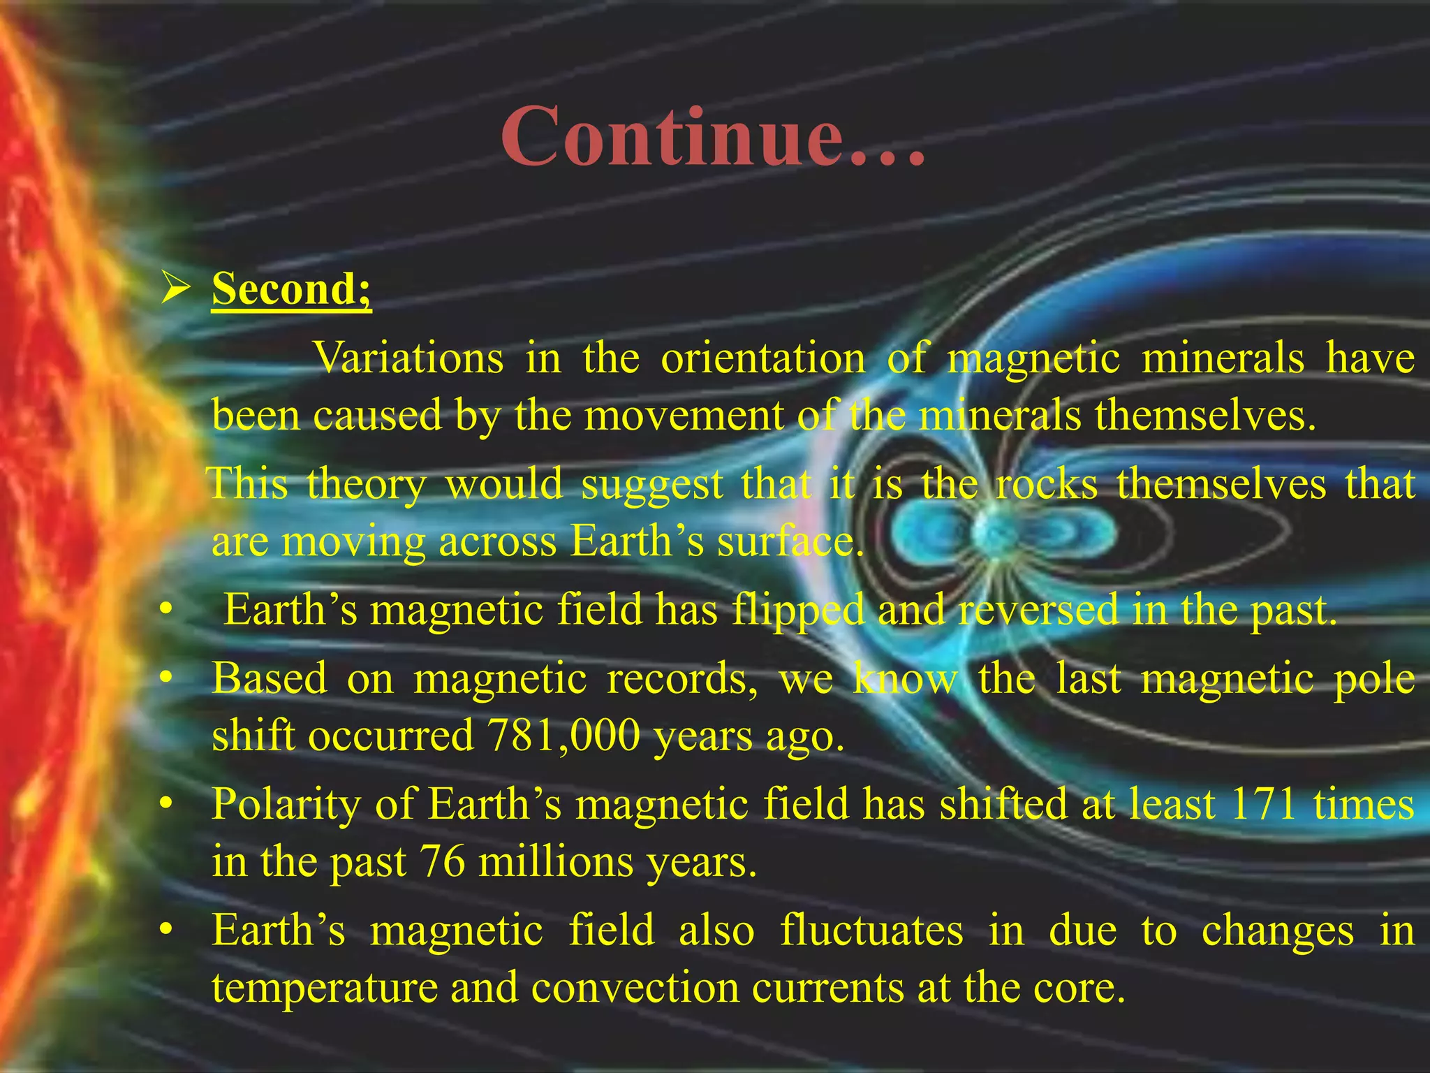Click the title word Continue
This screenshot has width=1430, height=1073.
pyautogui.click(x=712, y=136)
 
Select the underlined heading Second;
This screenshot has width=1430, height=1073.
pyautogui.click(x=291, y=288)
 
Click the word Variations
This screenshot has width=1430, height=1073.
pyautogui.click(x=408, y=358)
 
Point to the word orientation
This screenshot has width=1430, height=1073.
pyautogui.click(x=762, y=358)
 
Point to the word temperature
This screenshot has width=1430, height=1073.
pyautogui.click(x=325, y=988)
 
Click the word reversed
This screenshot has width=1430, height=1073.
pyautogui.click(x=1038, y=610)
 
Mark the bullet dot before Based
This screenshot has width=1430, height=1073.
pyautogui.click(x=165, y=679)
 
